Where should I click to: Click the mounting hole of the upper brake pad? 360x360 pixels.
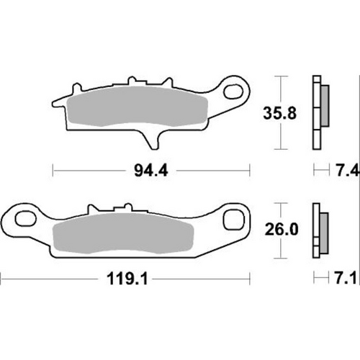[235, 91]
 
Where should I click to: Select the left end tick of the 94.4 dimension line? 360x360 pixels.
[55, 172]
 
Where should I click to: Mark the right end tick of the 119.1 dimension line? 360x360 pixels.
[250, 278]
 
